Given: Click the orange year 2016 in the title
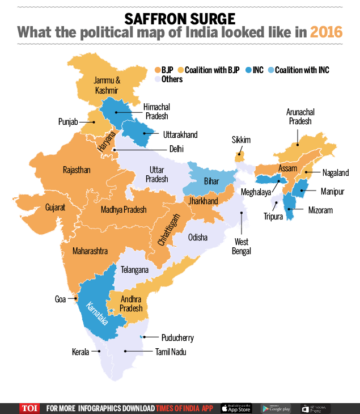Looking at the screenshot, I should point(326,32).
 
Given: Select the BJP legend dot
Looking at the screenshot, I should point(157,70).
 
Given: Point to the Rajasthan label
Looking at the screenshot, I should point(77,170).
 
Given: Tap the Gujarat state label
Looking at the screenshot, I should point(56,208).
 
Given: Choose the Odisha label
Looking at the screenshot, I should point(198,236).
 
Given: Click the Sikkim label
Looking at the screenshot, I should point(241,140).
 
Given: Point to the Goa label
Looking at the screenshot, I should point(60,299).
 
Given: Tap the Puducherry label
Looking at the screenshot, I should point(177,338).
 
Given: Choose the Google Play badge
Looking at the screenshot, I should point(276,408).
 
